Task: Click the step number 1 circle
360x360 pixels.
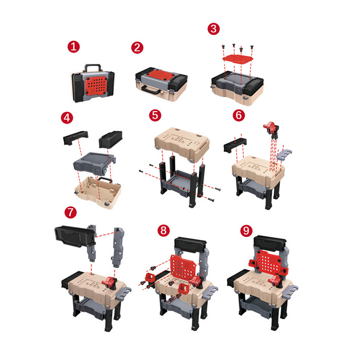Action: pos(73,47)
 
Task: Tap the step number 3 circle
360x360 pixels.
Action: pos(213,29)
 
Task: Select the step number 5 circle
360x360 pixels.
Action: pos(155,115)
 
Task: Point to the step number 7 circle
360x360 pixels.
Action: pos(71,212)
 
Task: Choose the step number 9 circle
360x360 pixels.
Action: pos(246,231)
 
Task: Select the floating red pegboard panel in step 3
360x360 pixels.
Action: pos(238,59)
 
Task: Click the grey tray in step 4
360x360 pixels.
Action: pos(94,163)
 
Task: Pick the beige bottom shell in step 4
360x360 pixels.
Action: pos(98,193)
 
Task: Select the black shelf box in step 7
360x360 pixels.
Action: pos(75,237)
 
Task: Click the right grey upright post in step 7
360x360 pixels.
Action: pos(118,247)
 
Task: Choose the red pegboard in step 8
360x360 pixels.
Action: pos(183,267)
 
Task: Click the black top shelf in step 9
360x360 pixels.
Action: pos(270,243)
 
